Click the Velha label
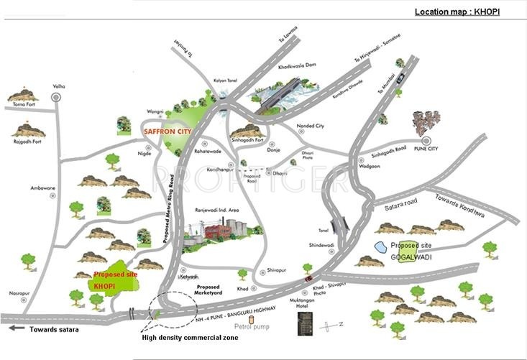click(x=58, y=86)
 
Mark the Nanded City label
click(x=311, y=126)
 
